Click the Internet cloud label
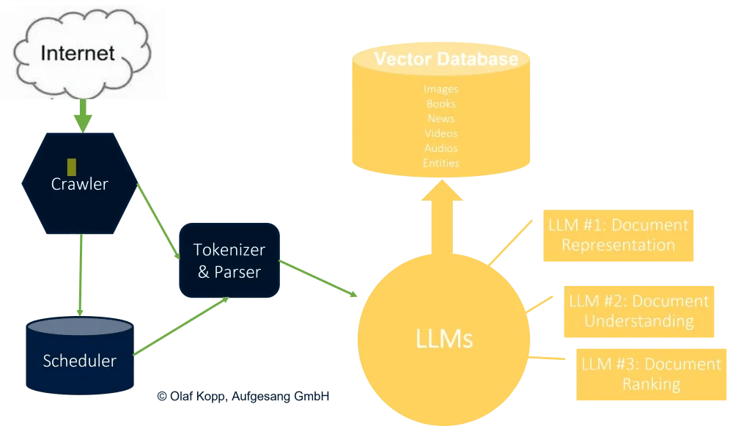point(78,54)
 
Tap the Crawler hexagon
point(80,183)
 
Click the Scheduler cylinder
point(79,359)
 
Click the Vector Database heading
point(446,59)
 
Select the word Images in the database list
point(441,89)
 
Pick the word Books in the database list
point(441,104)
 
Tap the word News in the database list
point(441,119)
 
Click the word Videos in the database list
point(441,133)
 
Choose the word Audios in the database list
point(441,148)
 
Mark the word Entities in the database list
point(441,163)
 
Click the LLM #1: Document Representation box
point(618,235)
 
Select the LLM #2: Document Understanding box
point(638,311)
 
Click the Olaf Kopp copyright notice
point(243,396)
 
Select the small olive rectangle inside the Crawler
point(72,166)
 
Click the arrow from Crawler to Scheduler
point(79,271)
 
